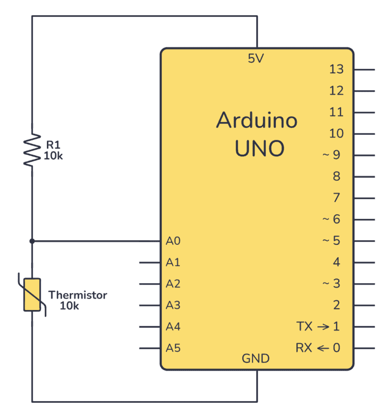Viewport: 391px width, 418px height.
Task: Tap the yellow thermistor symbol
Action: point(32,294)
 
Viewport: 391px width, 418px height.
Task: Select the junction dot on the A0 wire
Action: point(32,241)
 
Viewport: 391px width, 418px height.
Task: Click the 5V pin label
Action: point(256,59)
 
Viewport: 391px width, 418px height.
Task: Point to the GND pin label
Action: point(256,359)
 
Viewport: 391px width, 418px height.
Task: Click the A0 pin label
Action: point(173,241)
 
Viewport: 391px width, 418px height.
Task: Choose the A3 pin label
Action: point(173,305)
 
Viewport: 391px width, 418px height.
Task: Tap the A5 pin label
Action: point(173,348)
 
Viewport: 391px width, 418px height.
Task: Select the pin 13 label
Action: point(337,70)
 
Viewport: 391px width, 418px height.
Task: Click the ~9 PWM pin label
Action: point(331,155)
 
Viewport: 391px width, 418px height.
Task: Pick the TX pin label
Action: point(303,326)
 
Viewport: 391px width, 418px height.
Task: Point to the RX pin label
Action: point(303,348)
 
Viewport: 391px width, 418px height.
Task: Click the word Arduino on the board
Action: point(257,121)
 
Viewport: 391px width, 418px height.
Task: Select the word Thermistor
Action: point(77,295)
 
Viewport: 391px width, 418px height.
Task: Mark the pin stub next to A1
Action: point(150,263)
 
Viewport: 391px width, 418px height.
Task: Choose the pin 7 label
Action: point(337,198)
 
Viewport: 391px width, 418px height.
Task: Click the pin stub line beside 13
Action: point(364,70)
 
